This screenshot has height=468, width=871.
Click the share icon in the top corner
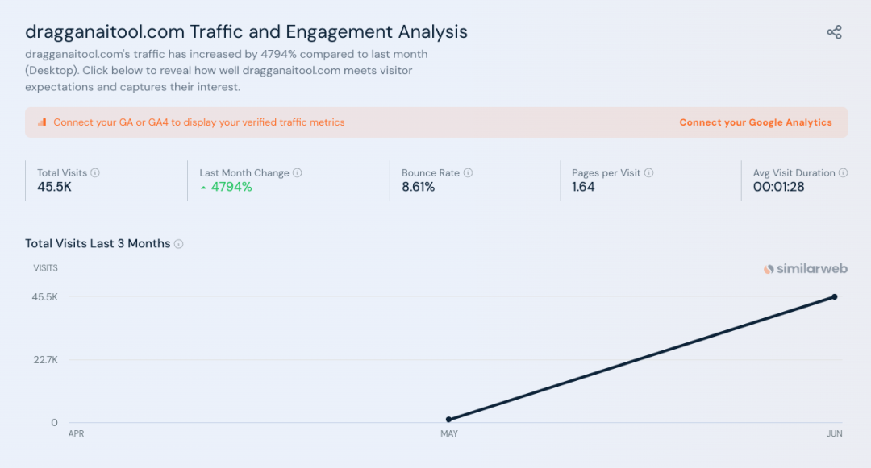pos(834,32)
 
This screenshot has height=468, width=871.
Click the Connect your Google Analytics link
pos(755,122)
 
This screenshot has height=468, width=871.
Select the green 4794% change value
pos(231,187)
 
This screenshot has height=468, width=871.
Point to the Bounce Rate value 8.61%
pos(418,187)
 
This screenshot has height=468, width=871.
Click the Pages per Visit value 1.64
pos(583,187)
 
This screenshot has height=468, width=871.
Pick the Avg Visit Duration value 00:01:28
pos(778,187)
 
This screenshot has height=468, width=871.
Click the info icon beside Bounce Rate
pos(469,173)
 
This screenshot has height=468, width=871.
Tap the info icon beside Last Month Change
pos(298,173)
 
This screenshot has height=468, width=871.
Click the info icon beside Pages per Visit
pos(649,173)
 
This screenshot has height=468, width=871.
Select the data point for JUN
pos(835,297)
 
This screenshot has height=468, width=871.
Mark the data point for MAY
pos(448,420)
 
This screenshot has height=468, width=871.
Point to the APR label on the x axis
pos(76,434)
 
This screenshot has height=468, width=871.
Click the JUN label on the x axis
pos(835,434)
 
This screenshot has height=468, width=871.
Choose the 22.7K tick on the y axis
pos(45,360)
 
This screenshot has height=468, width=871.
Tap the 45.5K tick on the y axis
pos(45,297)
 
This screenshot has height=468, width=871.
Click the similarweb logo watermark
pos(806,269)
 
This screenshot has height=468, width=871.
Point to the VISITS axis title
pos(45,268)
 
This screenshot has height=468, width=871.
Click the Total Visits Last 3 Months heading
pos(98,244)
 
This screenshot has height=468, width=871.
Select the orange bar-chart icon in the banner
pos(42,122)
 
